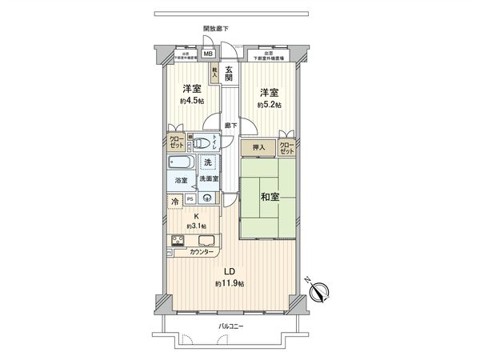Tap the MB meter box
click(208, 55)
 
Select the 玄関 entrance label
click(230, 73)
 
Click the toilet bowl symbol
click(205, 145)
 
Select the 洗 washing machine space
click(208, 163)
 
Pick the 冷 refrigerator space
click(175, 203)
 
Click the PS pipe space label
click(190, 198)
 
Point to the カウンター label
click(202, 252)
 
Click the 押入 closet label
click(258, 147)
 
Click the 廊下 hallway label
click(230, 125)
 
